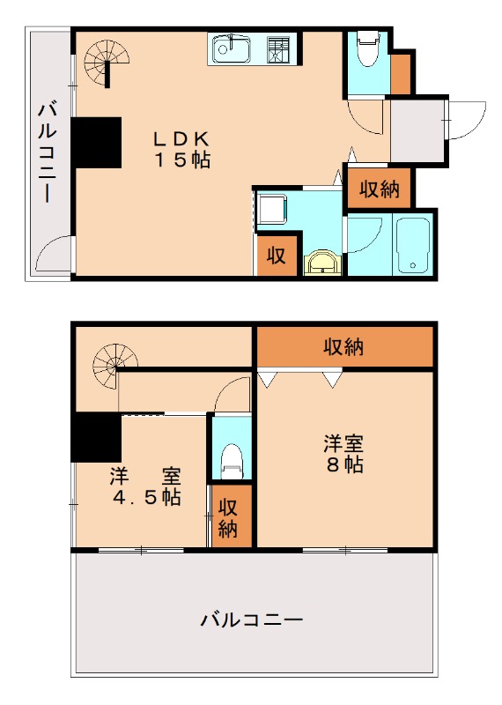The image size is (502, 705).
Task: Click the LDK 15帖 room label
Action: (x=183, y=149)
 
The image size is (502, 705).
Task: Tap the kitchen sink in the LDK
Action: (x=232, y=48)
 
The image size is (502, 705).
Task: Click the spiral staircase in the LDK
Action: (x=107, y=62)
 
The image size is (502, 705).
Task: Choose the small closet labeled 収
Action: (x=277, y=256)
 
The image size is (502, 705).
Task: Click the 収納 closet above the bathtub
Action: (x=379, y=189)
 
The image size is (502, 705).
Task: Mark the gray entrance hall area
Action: (x=417, y=132)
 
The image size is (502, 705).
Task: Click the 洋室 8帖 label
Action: (x=343, y=454)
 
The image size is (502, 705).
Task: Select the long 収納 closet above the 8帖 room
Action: (x=344, y=347)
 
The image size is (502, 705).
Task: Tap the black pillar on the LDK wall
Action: (x=97, y=142)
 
